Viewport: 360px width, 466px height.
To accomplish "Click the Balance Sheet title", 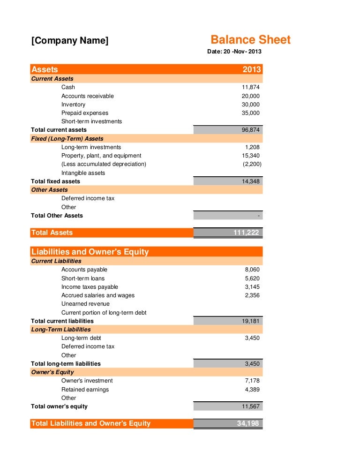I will (250, 40).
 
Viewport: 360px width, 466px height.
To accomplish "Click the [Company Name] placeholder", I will (70, 41).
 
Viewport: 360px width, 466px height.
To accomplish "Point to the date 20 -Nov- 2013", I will (234, 51).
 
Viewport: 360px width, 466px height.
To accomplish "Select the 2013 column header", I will (252, 69).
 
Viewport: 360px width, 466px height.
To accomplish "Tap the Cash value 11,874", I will (251, 87).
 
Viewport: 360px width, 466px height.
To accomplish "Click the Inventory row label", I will (73, 105).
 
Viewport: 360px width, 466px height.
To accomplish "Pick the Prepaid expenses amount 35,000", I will (251, 113).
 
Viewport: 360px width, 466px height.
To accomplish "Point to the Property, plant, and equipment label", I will (101, 156).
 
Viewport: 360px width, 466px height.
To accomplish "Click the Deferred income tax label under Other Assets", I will (88, 198).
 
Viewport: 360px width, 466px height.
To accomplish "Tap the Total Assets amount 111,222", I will (246, 233).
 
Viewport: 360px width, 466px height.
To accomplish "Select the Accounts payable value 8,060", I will (252, 270).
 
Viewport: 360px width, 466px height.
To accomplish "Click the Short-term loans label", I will (83, 278).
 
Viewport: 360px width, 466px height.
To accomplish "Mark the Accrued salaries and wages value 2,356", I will (252, 295).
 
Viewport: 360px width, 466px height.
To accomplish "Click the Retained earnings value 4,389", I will (252, 390).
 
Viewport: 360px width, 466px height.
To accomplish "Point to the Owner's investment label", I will (87, 381).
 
